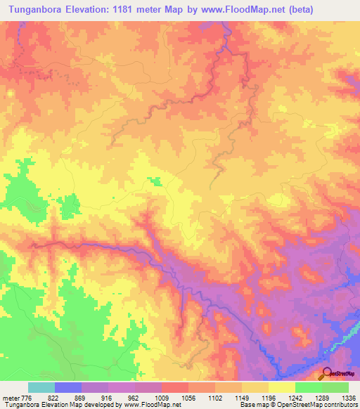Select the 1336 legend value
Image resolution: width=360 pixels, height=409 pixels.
pos(347,398)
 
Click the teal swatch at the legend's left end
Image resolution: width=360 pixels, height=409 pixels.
pos(41,387)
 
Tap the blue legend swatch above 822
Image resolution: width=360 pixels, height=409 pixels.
pos(68,387)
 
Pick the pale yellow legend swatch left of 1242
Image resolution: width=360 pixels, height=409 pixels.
pos(281,387)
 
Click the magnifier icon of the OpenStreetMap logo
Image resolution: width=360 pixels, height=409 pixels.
pos(328,372)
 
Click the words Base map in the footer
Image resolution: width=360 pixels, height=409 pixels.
pos(250,405)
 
